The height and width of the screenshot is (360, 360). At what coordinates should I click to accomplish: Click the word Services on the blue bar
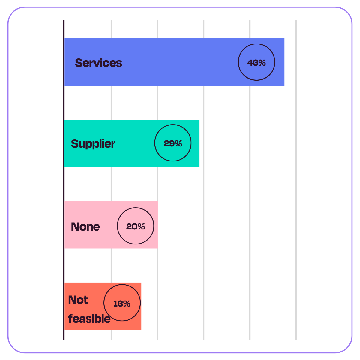(98, 63)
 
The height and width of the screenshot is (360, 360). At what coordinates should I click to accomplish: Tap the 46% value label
(256, 63)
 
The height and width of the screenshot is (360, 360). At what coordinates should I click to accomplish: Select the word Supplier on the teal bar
(93, 144)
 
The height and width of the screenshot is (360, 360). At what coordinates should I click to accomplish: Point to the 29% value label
(173, 143)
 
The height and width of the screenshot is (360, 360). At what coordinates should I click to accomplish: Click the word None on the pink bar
(85, 227)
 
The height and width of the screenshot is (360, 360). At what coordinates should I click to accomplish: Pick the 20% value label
(135, 226)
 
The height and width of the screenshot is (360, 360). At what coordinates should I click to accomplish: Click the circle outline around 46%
(238, 62)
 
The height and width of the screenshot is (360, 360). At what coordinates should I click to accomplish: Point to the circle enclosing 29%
(155, 143)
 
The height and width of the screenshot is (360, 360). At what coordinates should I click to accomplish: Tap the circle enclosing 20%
(117, 226)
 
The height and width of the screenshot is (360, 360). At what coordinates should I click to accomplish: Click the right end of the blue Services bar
(284, 62)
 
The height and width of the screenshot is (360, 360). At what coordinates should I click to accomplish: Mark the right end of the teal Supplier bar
(199, 143)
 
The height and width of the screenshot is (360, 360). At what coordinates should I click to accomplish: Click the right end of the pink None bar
(158, 225)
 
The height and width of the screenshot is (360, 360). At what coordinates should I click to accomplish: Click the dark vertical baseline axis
(64, 180)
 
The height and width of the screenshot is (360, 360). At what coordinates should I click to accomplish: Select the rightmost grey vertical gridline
(296, 180)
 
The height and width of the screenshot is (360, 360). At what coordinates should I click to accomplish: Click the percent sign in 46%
(262, 63)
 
